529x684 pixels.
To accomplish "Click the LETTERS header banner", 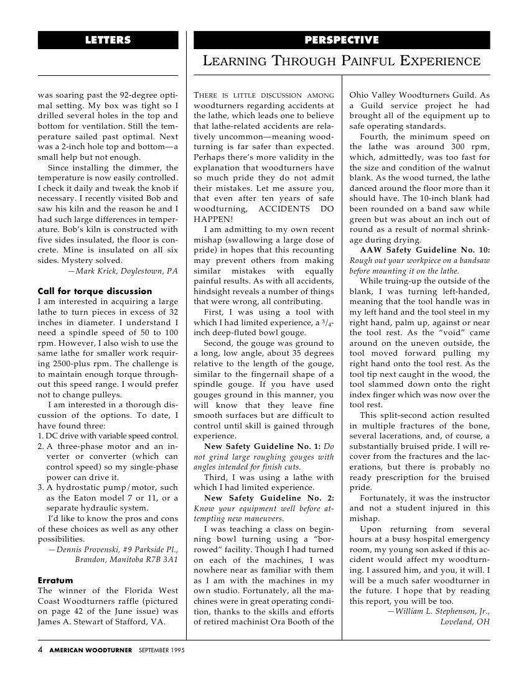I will point(108,40).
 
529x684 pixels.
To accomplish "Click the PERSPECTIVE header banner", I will point(342,40).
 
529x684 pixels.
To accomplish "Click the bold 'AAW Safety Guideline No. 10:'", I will point(425,250).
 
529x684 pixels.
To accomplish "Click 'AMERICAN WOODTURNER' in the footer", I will point(91,650).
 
